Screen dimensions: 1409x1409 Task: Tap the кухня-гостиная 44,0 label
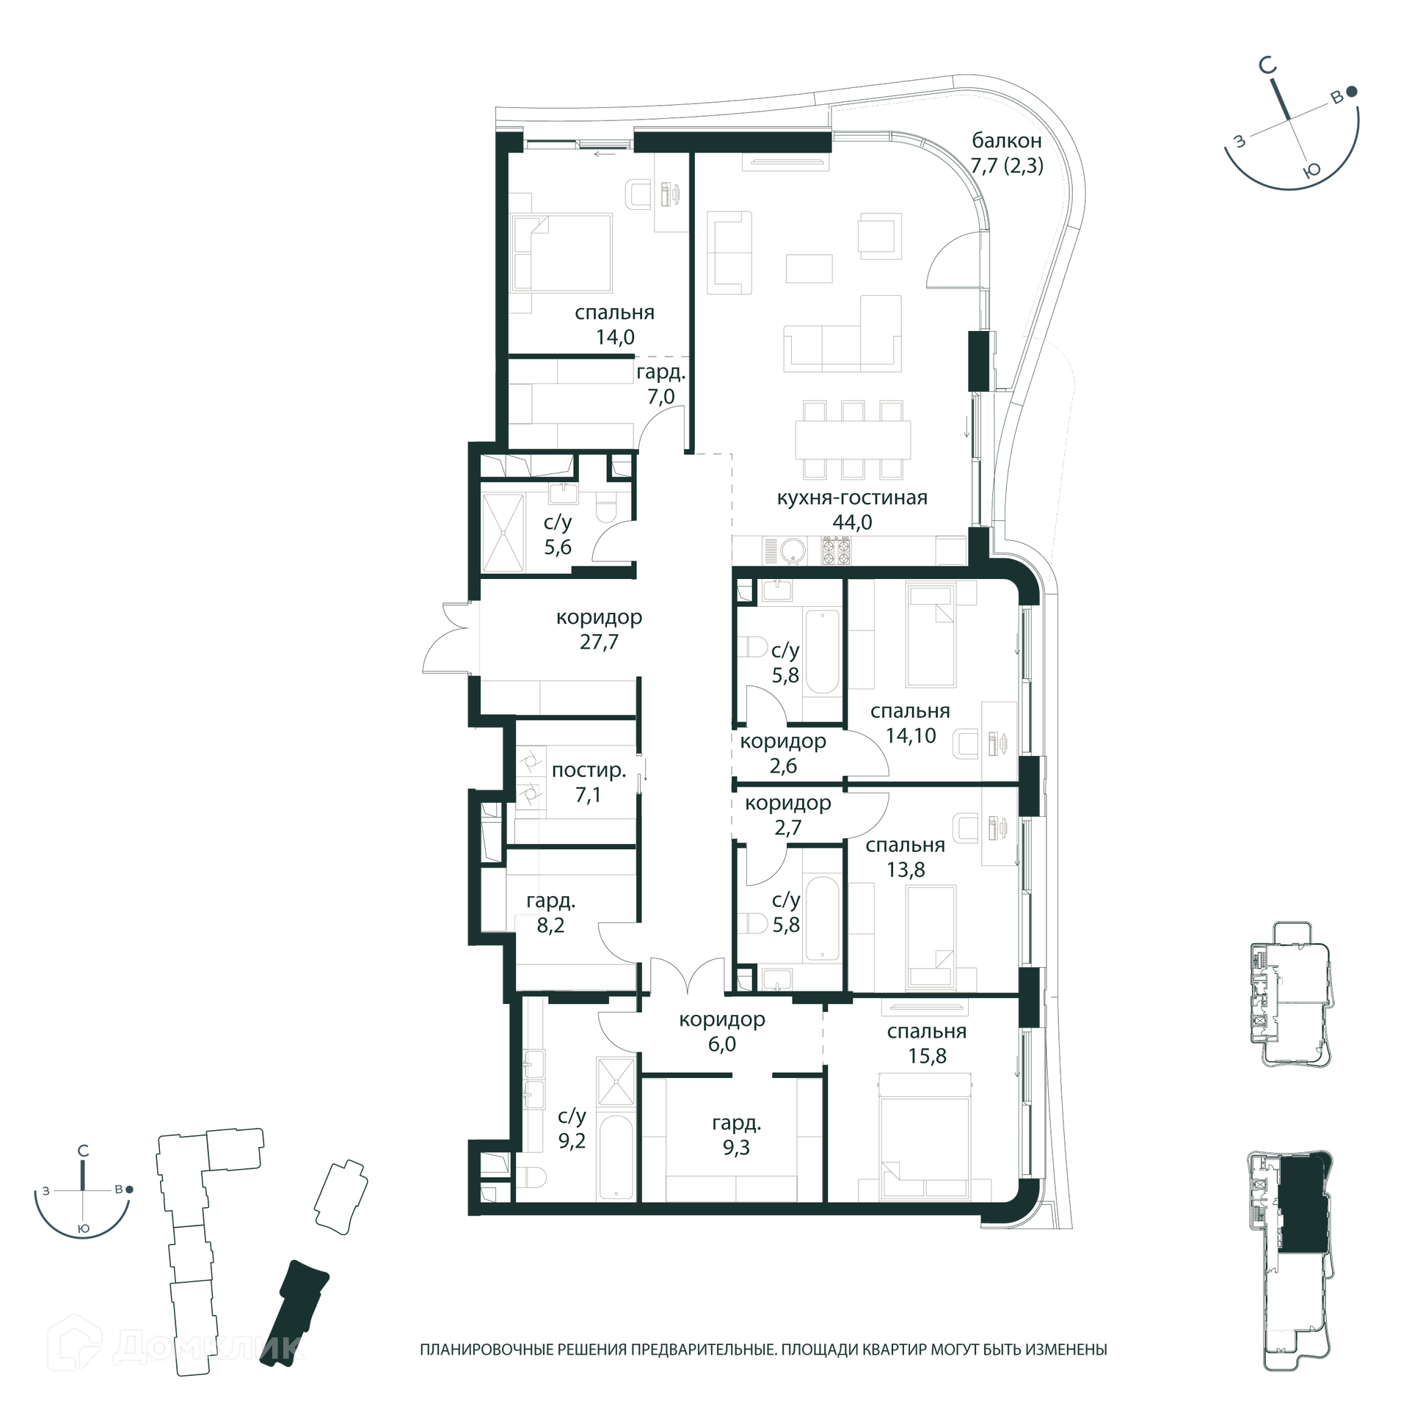click(852, 509)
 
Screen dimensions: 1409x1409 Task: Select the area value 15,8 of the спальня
click(927, 1056)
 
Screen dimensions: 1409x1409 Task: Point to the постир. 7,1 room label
click(589, 782)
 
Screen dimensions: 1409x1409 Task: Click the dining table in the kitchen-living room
click(853, 440)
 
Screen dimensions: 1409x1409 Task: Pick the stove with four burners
click(836, 550)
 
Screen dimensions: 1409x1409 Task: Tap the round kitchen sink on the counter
click(793, 551)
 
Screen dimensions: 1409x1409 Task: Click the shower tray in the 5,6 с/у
click(503, 532)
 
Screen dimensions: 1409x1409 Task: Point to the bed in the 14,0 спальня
click(561, 252)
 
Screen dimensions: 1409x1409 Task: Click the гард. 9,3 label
click(736, 1135)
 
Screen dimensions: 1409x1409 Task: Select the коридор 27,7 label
click(599, 629)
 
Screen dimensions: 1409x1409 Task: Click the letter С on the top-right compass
click(1267, 66)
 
